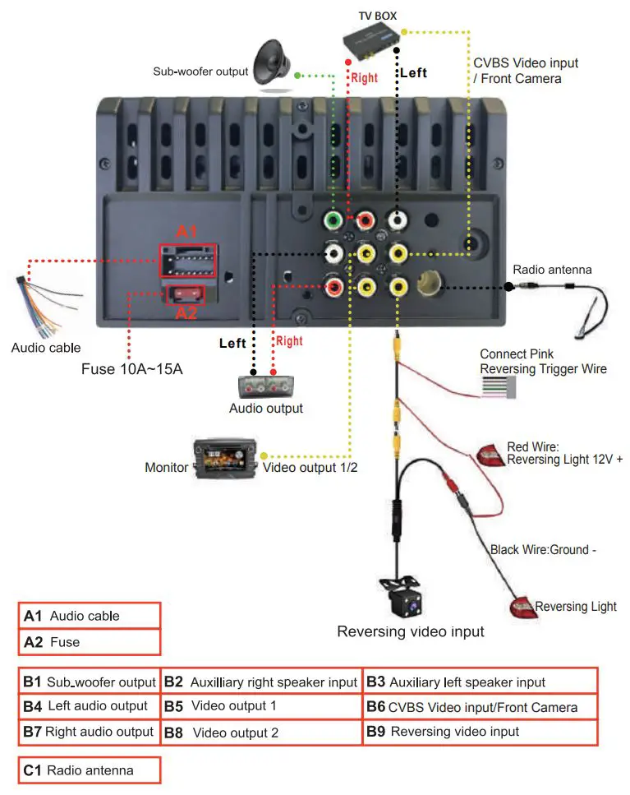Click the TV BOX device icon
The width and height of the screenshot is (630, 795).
pos(372,39)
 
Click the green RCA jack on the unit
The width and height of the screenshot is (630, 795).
pos(333,220)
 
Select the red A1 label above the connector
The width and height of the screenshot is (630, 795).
pos(186,232)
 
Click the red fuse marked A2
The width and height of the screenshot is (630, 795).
pos(186,294)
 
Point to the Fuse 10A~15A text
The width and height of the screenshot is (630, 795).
pos(131,369)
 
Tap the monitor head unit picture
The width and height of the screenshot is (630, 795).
pos(225,459)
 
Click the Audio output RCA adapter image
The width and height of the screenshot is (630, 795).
pos(266,387)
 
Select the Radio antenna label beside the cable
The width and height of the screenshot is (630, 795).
pos(552,269)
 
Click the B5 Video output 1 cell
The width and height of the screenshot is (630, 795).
pos(261,706)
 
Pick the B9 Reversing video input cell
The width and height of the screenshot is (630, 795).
pos(480,733)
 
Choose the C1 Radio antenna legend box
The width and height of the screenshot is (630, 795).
pos(90,770)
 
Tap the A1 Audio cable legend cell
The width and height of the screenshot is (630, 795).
pos(90,616)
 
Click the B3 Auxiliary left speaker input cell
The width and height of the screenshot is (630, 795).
pos(480,682)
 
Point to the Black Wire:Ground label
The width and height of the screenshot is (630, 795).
pos(543,550)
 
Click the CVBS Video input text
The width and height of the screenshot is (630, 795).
pos(526,62)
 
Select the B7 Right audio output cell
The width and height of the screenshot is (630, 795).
pos(90,733)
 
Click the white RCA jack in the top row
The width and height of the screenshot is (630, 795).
pos(398,220)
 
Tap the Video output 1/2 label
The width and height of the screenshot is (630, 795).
pos(310,468)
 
